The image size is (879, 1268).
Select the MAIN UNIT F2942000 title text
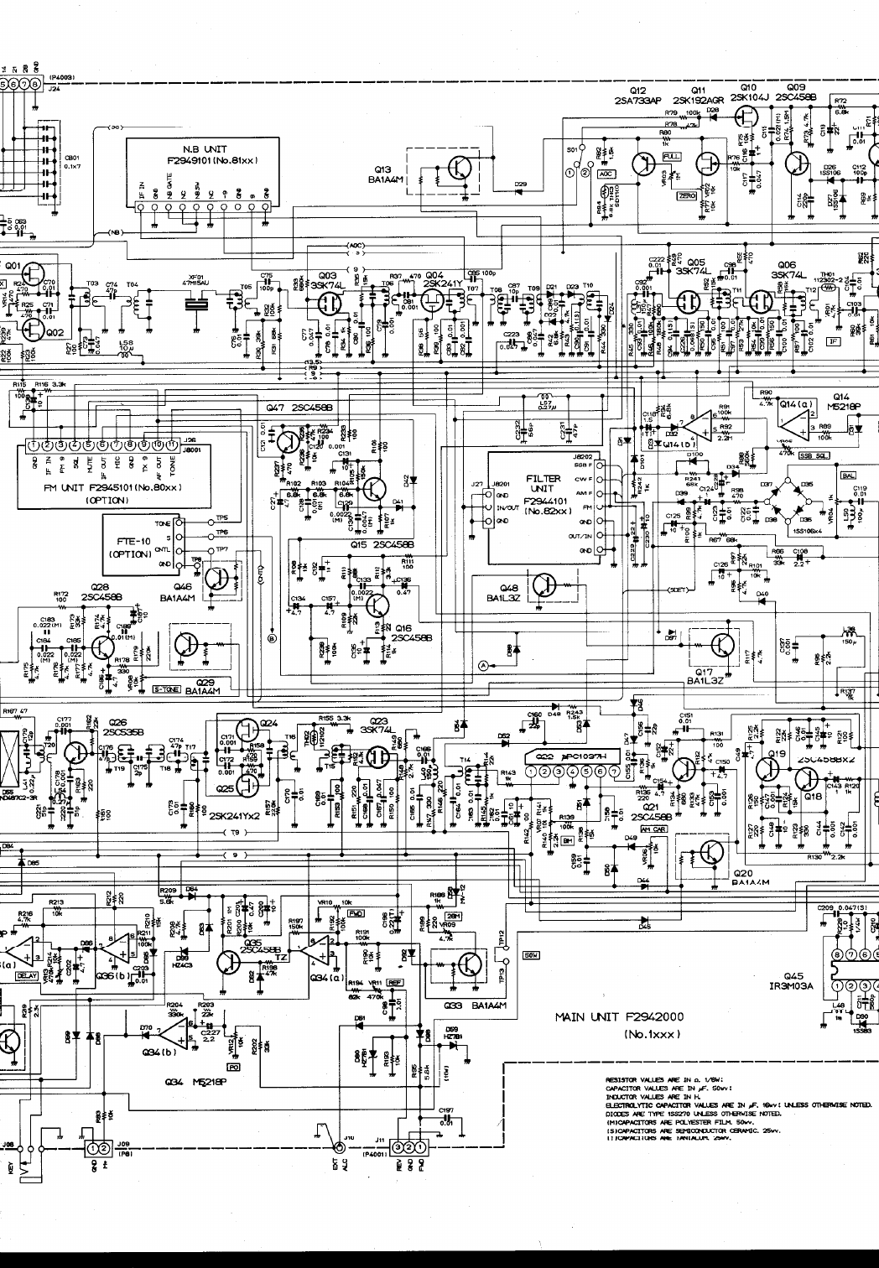(x=619, y=1017)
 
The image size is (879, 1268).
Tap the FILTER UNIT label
(x=543, y=484)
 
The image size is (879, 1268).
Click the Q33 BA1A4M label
(x=468, y=1006)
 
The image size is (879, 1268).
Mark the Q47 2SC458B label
(x=299, y=408)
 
